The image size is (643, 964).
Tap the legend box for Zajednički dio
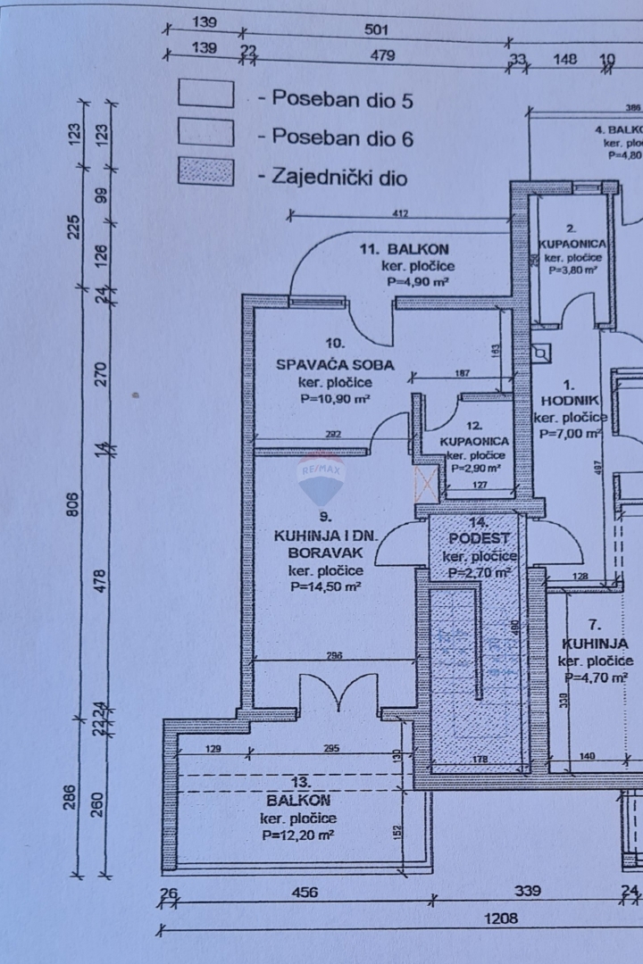tap(206, 171)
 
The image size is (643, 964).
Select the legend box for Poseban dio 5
tap(206, 94)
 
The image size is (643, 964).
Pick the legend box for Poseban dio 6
tap(206, 133)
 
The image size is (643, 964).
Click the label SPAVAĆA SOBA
tap(335, 364)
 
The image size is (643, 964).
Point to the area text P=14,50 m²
tap(325, 587)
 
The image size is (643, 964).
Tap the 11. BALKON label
tap(405, 249)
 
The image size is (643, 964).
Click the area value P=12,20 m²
tap(298, 835)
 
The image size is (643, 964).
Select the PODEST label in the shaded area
tap(479, 538)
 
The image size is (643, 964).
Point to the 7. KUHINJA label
tap(595, 643)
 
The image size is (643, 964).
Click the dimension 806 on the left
tap(74, 503)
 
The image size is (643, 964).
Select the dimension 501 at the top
tap(377, 29)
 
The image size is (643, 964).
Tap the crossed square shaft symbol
tap(427, 482)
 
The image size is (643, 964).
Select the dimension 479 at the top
tap(382, 57)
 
